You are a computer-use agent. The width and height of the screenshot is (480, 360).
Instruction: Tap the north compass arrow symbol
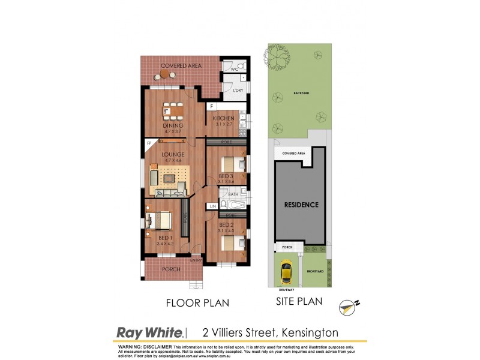(x=347, y=306)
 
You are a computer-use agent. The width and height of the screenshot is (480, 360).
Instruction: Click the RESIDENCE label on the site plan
(x=301, y=205)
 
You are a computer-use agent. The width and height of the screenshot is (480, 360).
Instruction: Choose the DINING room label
(x=173, y=125)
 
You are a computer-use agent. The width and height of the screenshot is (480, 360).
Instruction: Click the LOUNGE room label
(x=172, y=154)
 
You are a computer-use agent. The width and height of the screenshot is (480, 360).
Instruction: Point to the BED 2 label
(x=226, y=224)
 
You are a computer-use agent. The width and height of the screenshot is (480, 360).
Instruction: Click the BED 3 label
(x=226, y=176)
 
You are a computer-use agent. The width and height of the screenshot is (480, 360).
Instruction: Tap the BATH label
(x=233, y=195)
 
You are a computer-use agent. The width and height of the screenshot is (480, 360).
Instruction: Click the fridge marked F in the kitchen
(x=211, y=107)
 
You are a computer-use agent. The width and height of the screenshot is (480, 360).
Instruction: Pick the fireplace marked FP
(x=148, y=144)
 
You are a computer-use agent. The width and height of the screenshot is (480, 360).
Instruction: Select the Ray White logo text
(x=149, y=332)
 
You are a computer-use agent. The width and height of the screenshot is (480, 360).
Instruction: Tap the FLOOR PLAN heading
(x=197, y=303)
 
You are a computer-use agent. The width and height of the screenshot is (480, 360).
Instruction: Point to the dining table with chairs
(x=173, y=111)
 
